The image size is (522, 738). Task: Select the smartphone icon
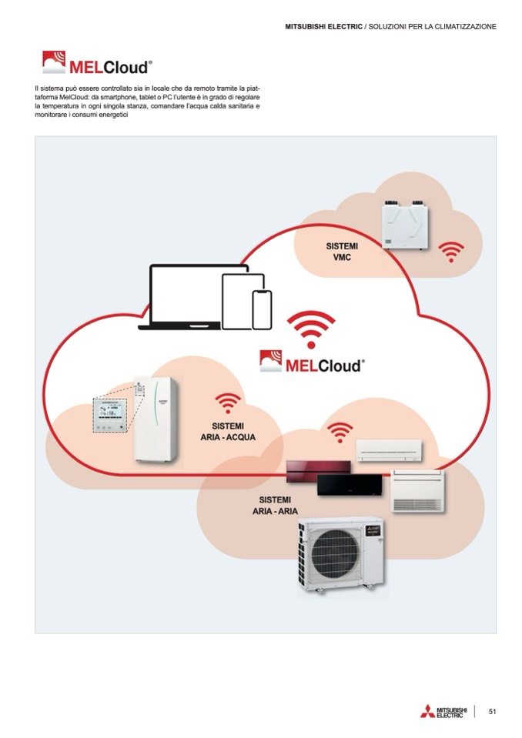pos(263,309)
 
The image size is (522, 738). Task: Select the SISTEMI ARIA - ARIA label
pos(275,505)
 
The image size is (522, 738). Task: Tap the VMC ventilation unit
pos(405,224)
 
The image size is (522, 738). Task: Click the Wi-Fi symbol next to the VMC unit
pos(450,251)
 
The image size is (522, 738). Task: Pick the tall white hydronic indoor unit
pos(156,419)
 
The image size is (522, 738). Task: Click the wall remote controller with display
pos(108,416)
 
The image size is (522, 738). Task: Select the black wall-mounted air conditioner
pos(348,483)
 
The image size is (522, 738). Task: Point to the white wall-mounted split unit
pos(389,449)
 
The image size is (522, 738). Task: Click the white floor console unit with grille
pos(418,490)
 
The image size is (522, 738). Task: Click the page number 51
pos(492,711)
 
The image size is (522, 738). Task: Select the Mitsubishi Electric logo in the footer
pos(443,712)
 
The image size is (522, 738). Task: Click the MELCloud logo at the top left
pos(96,62)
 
